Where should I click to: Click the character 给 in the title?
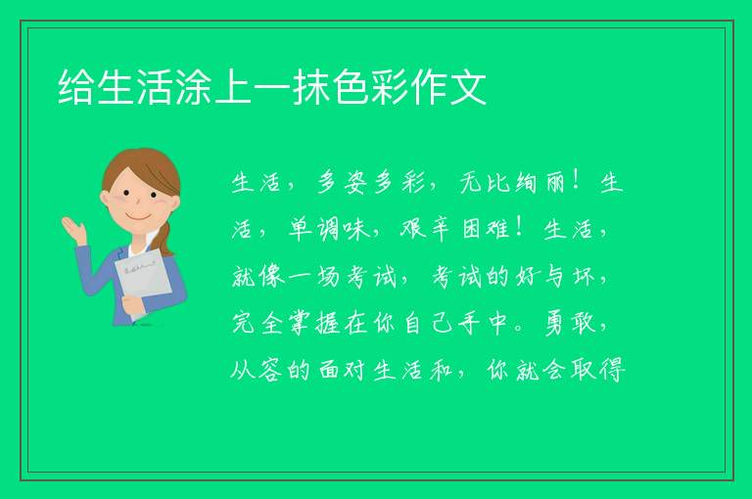(76, 87)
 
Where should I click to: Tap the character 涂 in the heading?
(194, 87)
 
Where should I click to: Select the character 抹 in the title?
(311, 87)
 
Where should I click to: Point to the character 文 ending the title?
(468, 87)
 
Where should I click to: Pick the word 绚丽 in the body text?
(540, 183)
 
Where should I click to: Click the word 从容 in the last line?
(256, 370)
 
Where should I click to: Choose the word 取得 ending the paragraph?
(598, 370)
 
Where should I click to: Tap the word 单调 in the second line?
(314, 229)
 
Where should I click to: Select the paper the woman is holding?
(143, 283)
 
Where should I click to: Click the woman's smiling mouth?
(139, 218)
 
